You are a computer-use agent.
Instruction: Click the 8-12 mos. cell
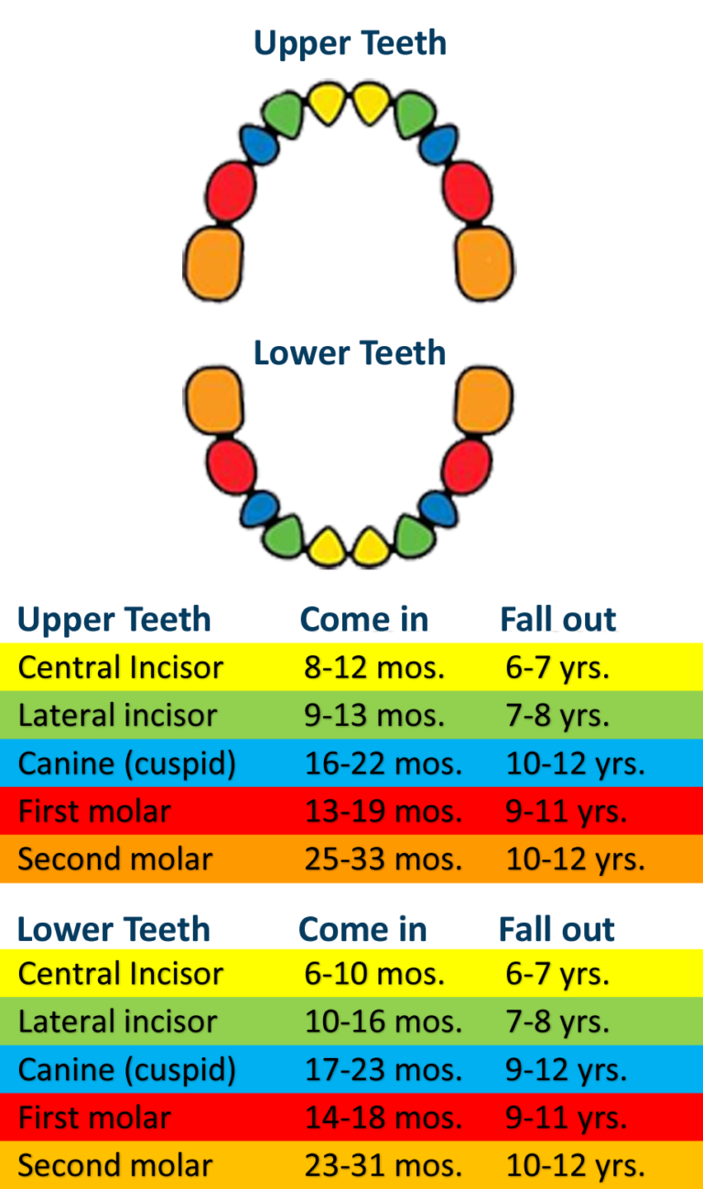(x=374, y=667)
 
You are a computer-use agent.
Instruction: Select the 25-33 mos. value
(x=384, y=859)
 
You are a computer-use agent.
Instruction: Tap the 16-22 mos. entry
(x=384, y=763)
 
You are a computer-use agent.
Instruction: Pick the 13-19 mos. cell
(x=384, y=811)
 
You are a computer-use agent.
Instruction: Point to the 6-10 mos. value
(x=374, y=974)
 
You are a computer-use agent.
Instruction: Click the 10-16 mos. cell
(x=384, y=1021)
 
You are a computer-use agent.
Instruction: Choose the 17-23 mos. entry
(x=384, y=1070)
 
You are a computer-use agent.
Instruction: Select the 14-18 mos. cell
(x=384, y=1118)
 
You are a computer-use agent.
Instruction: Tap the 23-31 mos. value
(x=384, y=1165)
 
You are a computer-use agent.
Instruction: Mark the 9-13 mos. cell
(x=374, y=716)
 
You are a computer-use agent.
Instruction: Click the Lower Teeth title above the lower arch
(x=350, y=353)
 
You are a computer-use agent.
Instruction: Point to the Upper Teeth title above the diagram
(x=351, y=44)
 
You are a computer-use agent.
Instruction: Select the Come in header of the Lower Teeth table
(x=362, y=929)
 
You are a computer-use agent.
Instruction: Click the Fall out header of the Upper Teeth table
(x=558, y=619)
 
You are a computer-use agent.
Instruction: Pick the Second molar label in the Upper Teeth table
(x=115, y=859)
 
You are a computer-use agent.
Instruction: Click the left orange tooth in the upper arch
(x=213, y=264)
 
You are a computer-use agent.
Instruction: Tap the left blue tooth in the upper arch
(x=259, y=145)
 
